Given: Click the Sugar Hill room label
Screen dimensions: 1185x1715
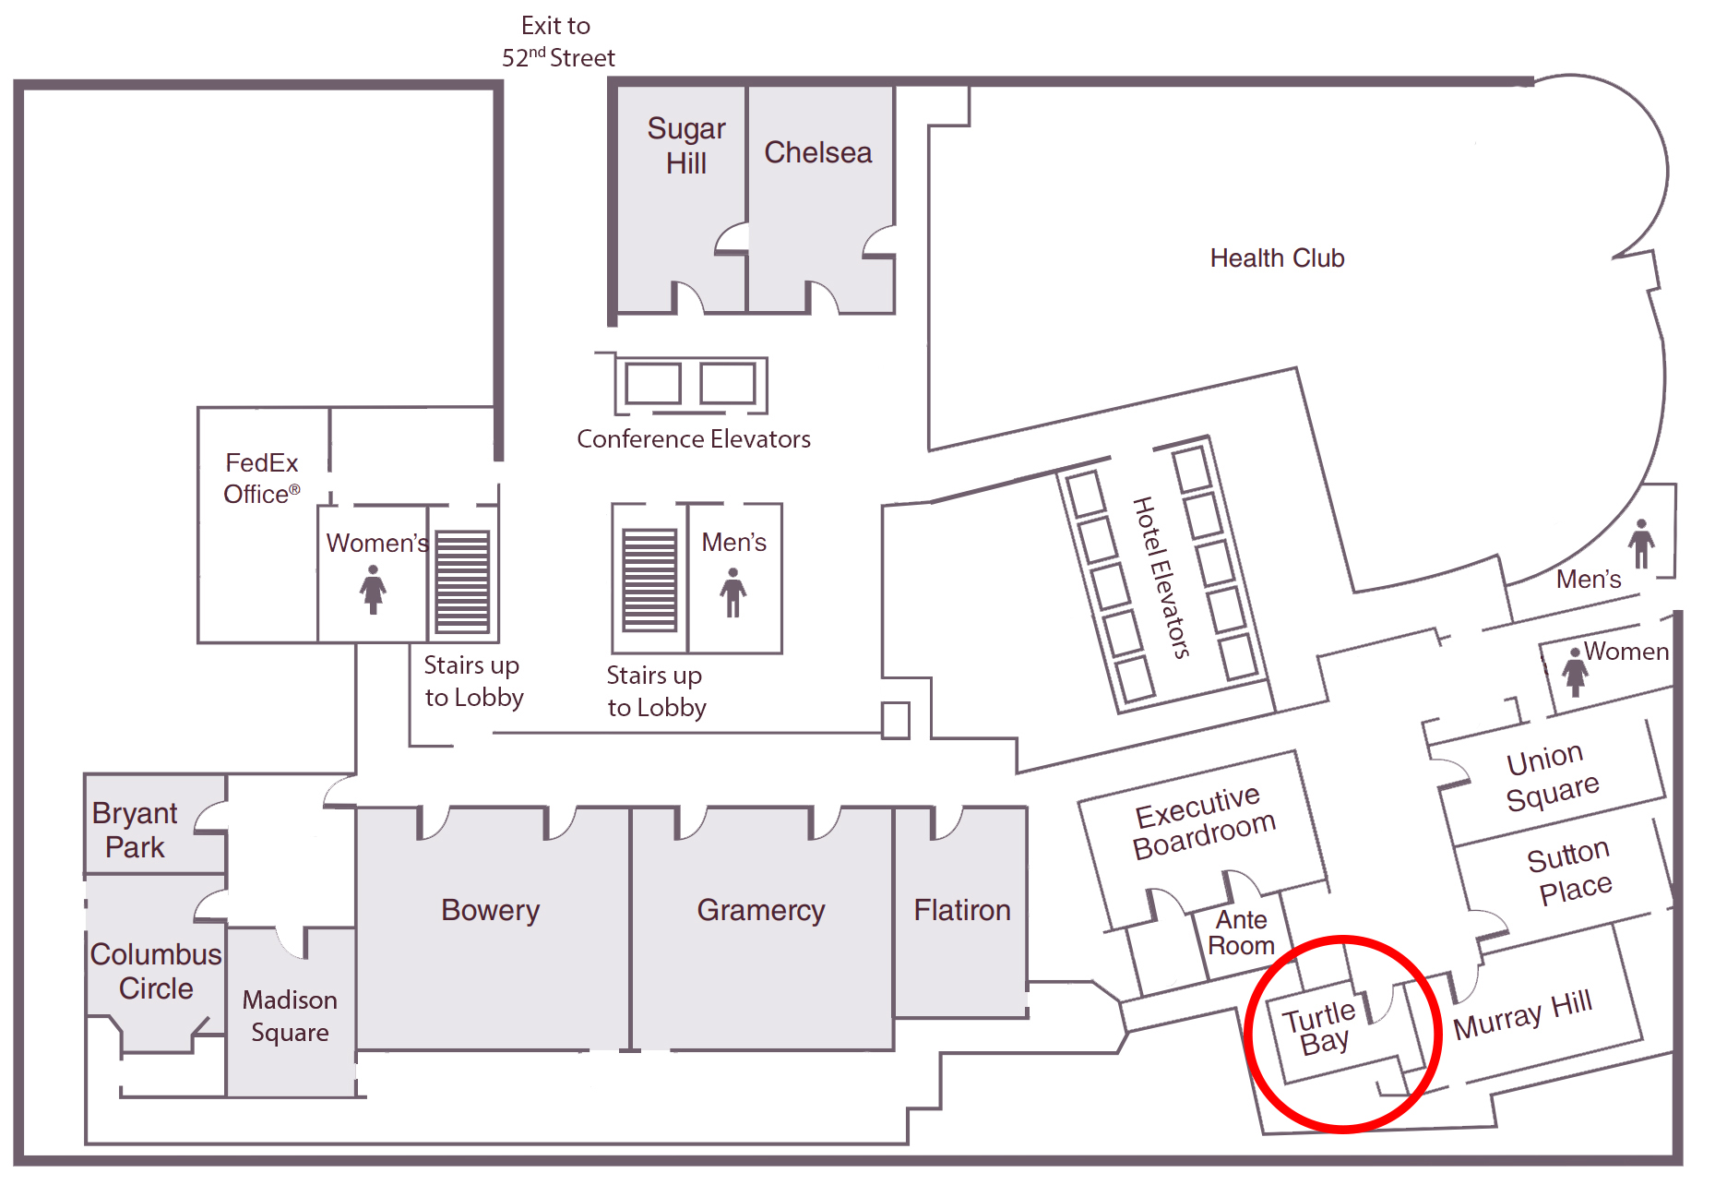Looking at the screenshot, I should tap(685, 146).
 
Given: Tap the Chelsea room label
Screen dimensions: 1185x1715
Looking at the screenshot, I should tap(817, 152).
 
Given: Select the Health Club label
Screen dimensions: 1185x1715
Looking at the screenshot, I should tap(1277, 258).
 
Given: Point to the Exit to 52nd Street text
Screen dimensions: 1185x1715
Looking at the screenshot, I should tap(557, 42).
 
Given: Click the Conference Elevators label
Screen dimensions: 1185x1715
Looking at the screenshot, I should tap(693, 439).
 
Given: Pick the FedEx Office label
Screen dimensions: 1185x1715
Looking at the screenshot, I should tap(262, 478).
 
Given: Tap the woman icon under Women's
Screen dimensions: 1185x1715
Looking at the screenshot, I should tap(373, 589).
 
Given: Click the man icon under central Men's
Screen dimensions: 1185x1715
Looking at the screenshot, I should tap(733, 592).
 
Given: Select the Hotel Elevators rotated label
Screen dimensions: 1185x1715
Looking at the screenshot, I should tap(1161, 577).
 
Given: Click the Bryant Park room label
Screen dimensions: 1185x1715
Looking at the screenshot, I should tap(135, 830).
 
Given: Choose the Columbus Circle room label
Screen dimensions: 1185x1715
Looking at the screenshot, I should tap(156, 971).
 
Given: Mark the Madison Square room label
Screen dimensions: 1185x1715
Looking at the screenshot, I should tap(290, 1016).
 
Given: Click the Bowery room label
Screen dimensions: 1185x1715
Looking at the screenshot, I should tap(490, 910).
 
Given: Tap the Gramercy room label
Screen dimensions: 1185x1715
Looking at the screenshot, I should tap(760, 910).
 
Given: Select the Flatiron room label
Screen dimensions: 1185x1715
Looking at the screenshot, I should tap(961, 910).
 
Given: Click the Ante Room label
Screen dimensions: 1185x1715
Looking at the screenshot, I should tap(1241, 932).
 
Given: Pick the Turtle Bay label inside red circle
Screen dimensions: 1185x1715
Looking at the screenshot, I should tap(1322, 1028).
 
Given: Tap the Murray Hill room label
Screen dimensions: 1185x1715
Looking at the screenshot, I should tap(1522, 1013).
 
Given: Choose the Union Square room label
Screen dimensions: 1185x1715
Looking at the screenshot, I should tap(1552, 777).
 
